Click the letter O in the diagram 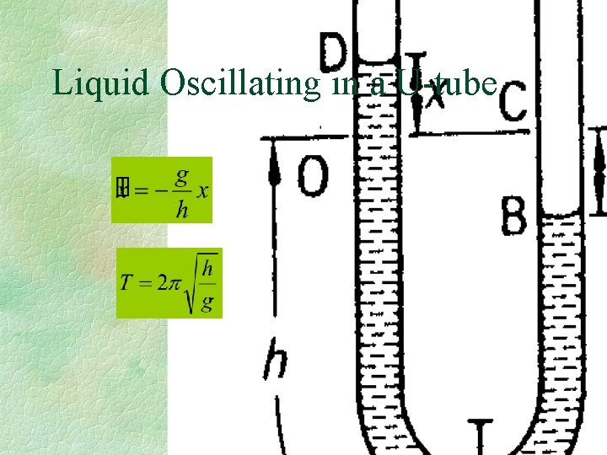click(313, 174)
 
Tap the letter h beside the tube click(274, 360)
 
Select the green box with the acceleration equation click(164, 190)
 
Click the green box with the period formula click(169, 283)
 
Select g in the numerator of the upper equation click(181, 175)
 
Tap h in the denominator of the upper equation click(181, 209)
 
